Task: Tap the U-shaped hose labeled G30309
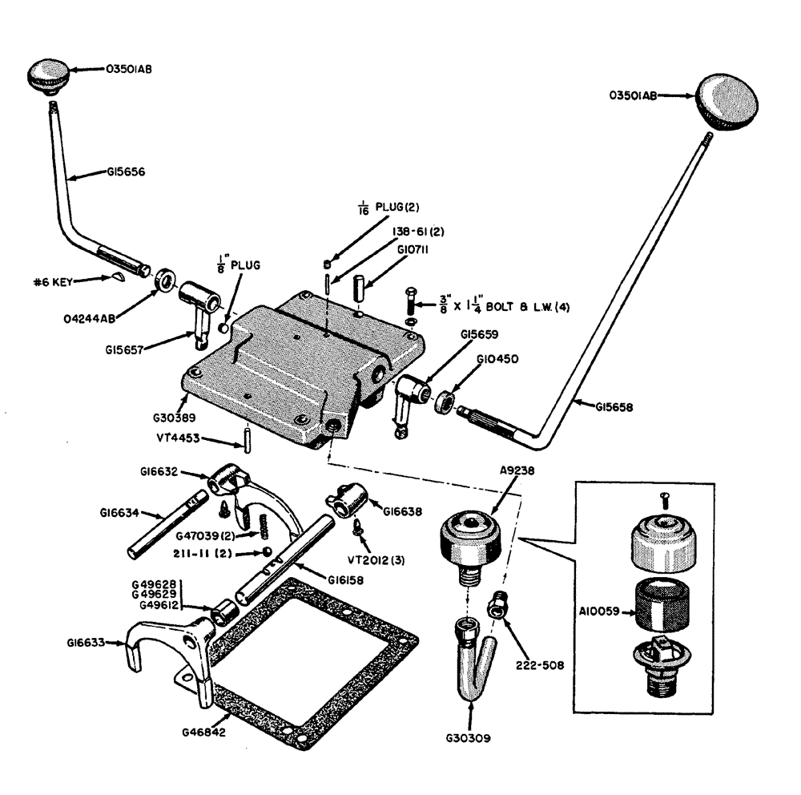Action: point(469,657)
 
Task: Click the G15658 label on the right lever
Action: point(615,407)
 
